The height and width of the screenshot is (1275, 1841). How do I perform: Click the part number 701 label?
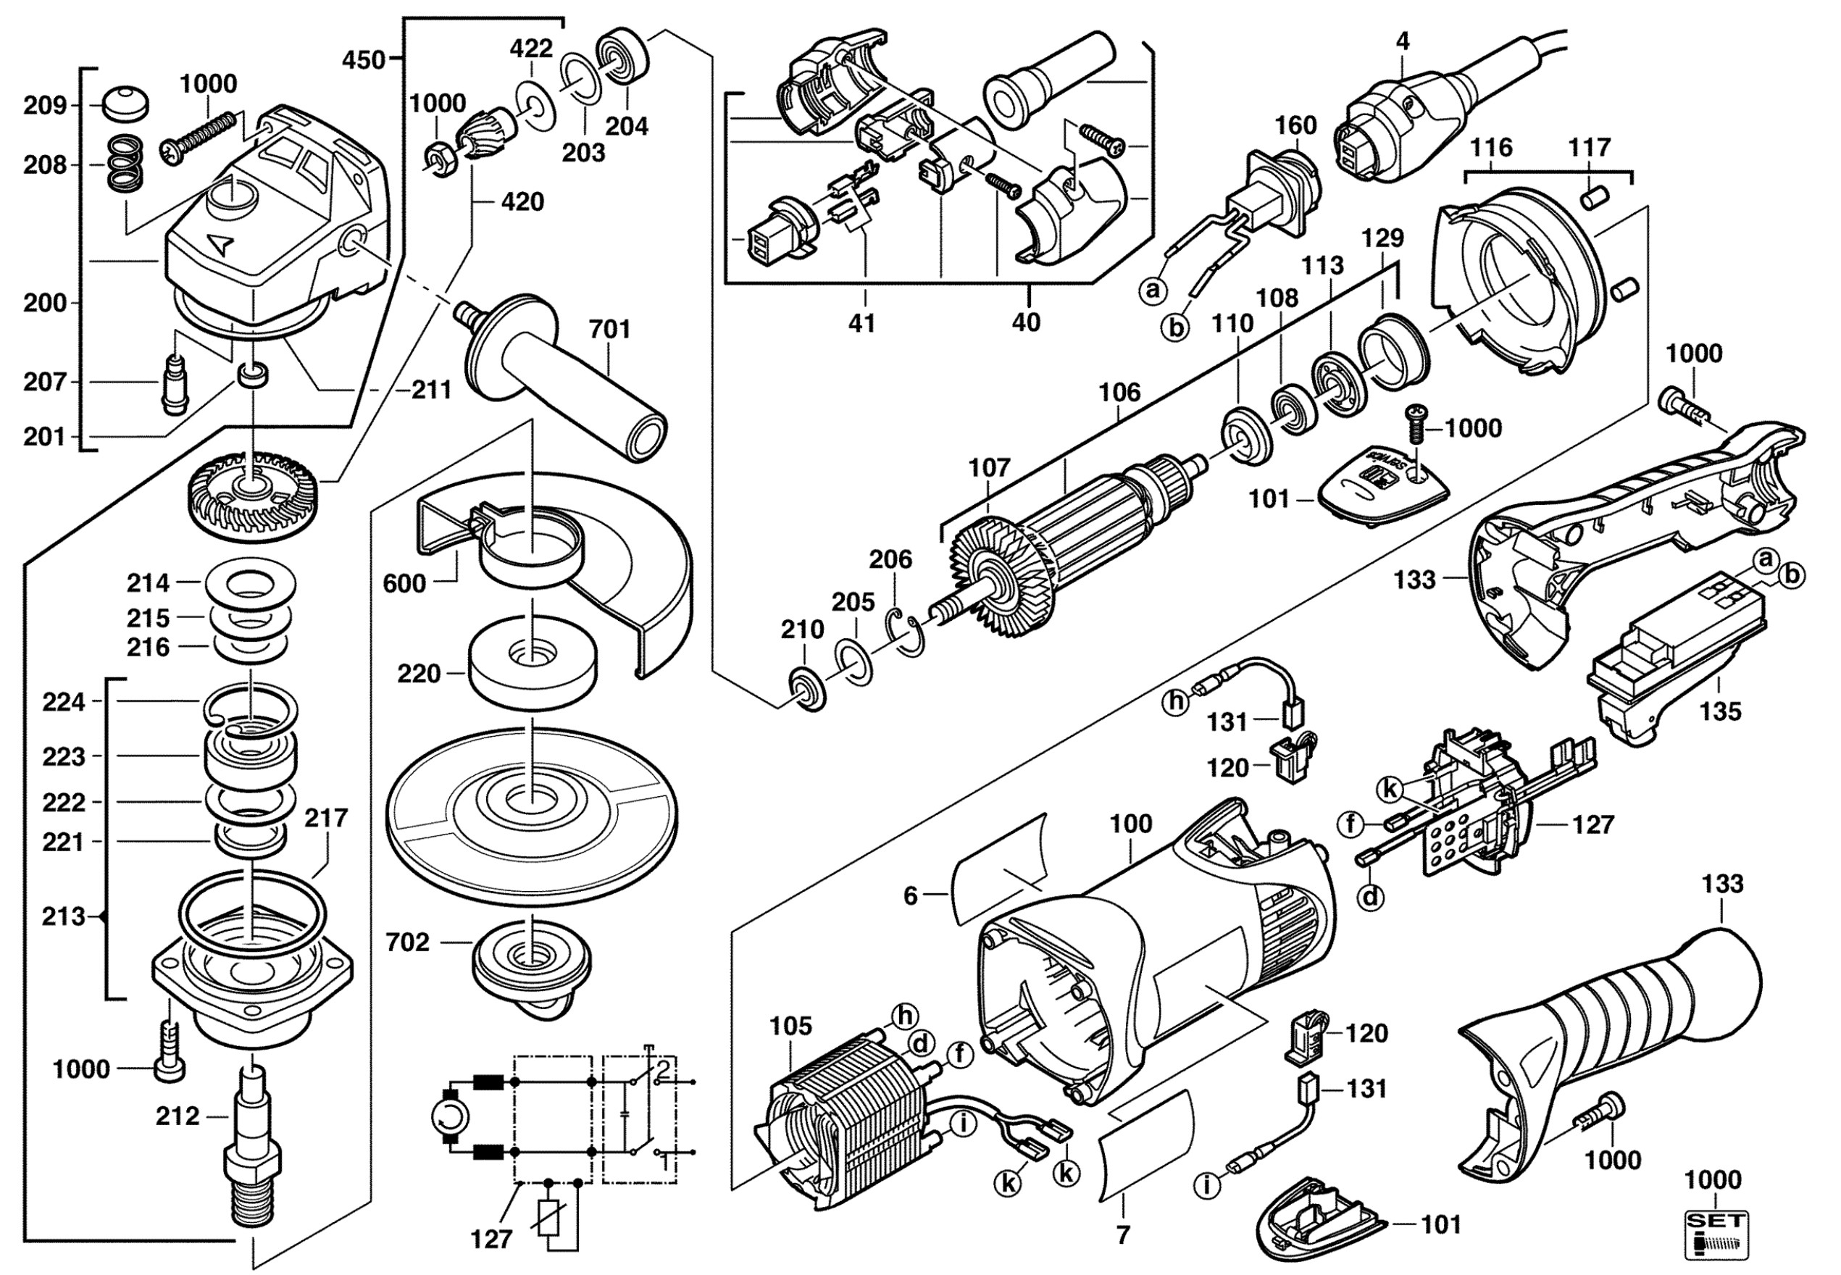click(x=609, y=329)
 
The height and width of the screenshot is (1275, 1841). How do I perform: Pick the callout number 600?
click(x=404, y=583)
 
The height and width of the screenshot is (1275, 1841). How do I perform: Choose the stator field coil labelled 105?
click(x=839, y=1122)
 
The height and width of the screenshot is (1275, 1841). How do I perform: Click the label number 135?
click(x=1720, y=711)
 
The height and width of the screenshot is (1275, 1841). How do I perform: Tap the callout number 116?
click(x=1491, y=148)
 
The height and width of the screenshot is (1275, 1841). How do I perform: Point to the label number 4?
click(x=1403, y=41)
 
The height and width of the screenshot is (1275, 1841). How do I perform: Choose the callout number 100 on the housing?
click(x=1131, y=824)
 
